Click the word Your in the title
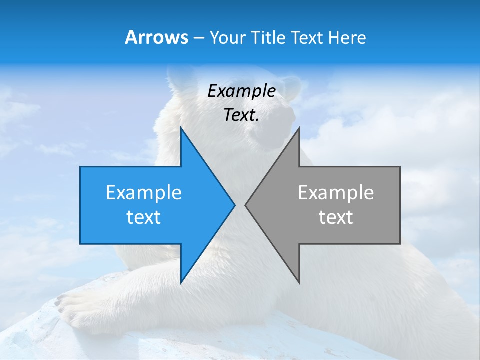click(x=227, y=37)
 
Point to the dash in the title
click(x=198, y=38)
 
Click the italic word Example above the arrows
click(x=241, y=91)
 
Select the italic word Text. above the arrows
click(x=241, y=115)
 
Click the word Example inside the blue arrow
click(x=144, y=193)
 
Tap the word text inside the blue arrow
click(x=143, y=217)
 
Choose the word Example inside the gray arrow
click(x=336, y=193)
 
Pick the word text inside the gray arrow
click(x=336, y=217)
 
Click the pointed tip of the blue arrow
click(x=234, y=205)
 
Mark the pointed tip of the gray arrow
click(x=245, y=205)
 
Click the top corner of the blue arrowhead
click(x=181, y=128)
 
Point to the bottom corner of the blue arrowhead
click(x=181, y=283)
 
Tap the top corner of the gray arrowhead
click(x=299, y=128)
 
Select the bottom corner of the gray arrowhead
click(x=299, y=283)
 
